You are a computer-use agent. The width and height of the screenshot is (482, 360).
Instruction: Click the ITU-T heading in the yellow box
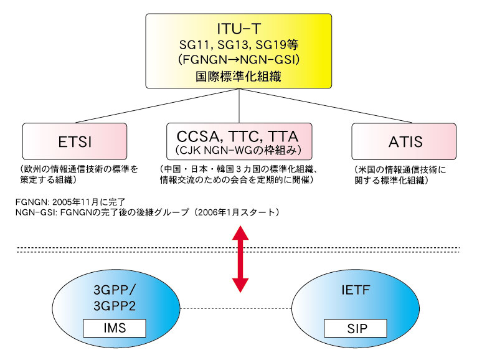pos(239,29)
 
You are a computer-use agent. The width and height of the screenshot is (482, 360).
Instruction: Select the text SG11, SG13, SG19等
pos(239,45)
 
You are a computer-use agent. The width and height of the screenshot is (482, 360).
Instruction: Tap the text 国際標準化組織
pos(239,76)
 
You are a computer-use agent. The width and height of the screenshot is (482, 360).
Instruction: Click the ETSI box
pos(75,141)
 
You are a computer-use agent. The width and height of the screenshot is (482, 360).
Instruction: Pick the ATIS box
pos(404,141)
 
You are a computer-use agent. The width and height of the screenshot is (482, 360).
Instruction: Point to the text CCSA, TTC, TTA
pos(238,136)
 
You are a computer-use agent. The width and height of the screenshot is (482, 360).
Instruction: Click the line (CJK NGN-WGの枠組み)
pos(239,150)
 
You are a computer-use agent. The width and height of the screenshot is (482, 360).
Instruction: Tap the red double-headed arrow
pos(240,259)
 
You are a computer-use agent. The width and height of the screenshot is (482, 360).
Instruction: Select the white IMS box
pos(115,328)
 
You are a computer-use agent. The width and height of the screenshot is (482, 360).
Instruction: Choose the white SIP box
pos(356,328)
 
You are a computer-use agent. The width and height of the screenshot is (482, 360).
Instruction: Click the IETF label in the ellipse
pos(356,290)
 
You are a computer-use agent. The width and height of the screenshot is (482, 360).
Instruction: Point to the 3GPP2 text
pos(115,306)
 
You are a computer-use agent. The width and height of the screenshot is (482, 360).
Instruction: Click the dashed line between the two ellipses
pos(236,308)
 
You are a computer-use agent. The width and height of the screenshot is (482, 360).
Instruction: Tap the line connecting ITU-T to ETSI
pos(158,106)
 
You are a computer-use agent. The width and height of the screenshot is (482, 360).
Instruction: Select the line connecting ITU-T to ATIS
pos(326,106)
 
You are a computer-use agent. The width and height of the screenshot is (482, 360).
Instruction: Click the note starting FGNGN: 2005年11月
pos(70,202)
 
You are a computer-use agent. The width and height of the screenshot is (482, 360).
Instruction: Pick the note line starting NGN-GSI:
pos(148,212)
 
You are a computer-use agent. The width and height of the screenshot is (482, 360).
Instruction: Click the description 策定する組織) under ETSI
pos(48,179)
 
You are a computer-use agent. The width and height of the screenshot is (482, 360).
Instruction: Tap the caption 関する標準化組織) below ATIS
pos(391,180)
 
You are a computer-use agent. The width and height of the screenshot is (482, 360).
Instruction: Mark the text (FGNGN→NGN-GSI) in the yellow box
pos(239,59)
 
